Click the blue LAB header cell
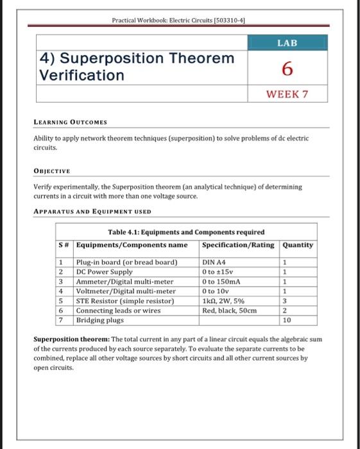coord(287,43)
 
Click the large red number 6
coord(287,68)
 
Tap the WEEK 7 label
coord(287,94)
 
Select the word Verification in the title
coord(82,75)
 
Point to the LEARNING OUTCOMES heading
coord(70,121)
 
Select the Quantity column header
coord(298,244)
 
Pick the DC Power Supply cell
coord(105,272)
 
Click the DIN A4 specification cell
coord(214,262)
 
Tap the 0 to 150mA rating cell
coord(221,282)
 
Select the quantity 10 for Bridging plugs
coord(287,319)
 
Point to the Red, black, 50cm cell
coord(229,310)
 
